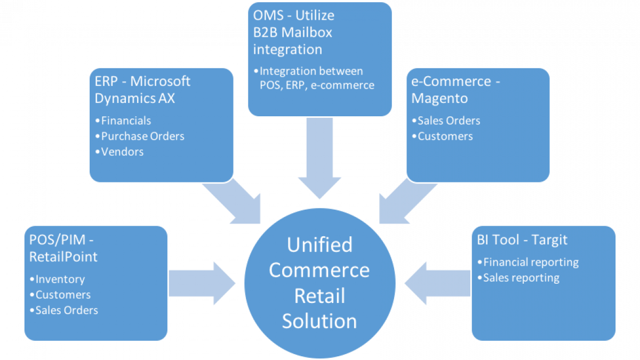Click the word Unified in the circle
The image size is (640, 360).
[x=319, y=245]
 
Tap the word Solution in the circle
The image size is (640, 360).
[x=319, y=321]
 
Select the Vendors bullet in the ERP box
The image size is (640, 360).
[x=122, y=151]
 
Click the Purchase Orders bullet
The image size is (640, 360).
[x=142, y=136]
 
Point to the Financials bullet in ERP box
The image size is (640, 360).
[x=126, y=121]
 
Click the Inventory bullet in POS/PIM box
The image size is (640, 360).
[x=60, y=279]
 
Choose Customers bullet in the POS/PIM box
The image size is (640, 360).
[x=63, y=294]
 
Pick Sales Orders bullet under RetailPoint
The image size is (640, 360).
[x=66, y=310]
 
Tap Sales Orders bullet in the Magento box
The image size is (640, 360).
[x=449, y=121]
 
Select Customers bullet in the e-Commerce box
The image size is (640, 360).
[x=445, y=136]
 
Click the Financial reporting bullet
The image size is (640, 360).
[x=531, y=262]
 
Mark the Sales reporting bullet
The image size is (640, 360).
[x=521, y=277]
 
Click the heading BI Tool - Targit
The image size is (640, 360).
[x=522, y=240]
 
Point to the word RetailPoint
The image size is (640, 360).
[x=63, y=257]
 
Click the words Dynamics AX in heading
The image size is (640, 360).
[x=134, y=99]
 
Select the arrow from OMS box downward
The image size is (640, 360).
[x=319, y=160]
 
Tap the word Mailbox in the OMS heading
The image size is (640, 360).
[x=307, y=32]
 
